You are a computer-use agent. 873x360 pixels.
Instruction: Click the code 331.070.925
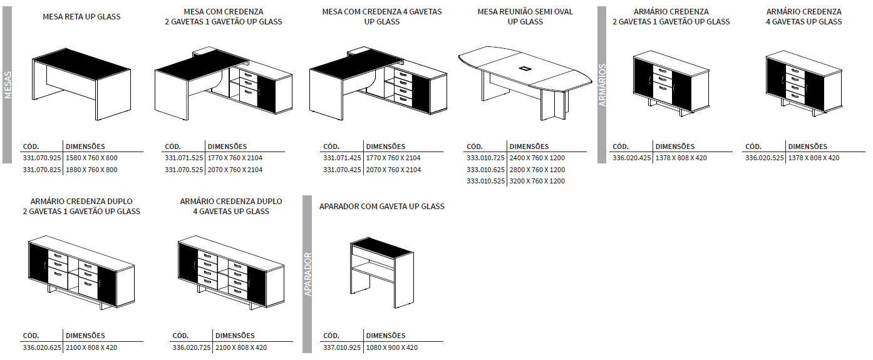(41, 158)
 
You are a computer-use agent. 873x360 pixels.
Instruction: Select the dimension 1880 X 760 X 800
(91, 170)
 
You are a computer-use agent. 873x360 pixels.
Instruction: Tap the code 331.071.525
(183, 158)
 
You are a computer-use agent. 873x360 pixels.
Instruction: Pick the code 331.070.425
(342, 170)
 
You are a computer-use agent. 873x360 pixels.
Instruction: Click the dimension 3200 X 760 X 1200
(537, 181)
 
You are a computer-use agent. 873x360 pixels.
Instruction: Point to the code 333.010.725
(485, 158)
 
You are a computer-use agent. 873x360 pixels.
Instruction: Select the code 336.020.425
(632, 158)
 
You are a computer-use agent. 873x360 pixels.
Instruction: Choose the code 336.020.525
(764, 158)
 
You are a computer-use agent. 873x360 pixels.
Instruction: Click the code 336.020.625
(42, 347)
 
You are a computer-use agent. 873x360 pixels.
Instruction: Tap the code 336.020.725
(192, 347)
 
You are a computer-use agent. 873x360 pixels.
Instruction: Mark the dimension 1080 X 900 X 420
(391, 347)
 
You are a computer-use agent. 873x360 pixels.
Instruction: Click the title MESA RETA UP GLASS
(81, 16)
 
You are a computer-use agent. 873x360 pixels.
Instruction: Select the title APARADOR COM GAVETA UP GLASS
(382, 206)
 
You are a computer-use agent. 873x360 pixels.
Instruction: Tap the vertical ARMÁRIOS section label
(602, 85)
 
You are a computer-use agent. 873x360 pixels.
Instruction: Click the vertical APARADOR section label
(307, 274)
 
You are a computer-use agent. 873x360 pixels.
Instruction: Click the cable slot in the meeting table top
(525, 66)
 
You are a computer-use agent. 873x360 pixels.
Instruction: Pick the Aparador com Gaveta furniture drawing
(381, 272)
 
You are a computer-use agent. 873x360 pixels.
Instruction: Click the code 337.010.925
(342, 347)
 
